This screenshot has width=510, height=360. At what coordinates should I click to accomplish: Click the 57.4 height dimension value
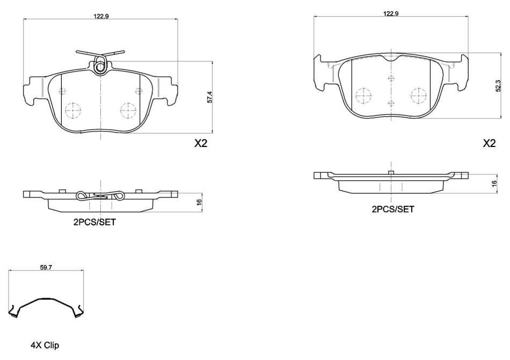pyautogui.click(x=210, y=98)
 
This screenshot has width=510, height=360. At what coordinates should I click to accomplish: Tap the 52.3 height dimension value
pyautogui.click(x=498, y=86)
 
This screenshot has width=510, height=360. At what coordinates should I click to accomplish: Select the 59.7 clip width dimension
pyautogui.click(x=46, y=268)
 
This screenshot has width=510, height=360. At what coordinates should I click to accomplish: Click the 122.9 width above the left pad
pyautogui.click(x=101, y=17)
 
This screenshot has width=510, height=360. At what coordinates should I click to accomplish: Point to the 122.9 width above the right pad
pyautogui.click(x=391, y=13)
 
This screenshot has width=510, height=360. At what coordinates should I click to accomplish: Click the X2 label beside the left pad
pyautogui.click(x=201, y=143)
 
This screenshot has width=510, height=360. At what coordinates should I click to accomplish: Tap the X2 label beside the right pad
pyautogui.click(x=489, y=143)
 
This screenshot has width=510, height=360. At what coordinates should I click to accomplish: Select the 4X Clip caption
pyautogui.click(x=45, y=345)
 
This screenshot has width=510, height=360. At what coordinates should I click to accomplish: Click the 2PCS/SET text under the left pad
pyautogui.click(x=94, y=222)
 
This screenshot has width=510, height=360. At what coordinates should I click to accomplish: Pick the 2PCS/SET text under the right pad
pyautogui.click(x=393, y=209)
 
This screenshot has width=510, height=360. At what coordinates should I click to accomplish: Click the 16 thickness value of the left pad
pyautogui.click(x=200, y=201)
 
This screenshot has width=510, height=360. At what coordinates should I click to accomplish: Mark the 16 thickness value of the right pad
pyautogui.click(x=494, y=183)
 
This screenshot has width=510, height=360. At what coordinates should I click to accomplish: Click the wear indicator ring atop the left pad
pyautogui.click(x=100, y=67)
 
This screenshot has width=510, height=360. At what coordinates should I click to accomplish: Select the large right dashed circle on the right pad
pyautogui.click(x=418, y=96)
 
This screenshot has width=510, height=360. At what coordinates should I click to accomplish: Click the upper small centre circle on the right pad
pyautogui.click(x=391, y=78)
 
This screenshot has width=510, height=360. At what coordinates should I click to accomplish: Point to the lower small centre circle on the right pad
pyautogui.click(x=391, y=104)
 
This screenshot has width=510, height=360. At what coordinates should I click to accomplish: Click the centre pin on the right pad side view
pyautogui.click(x=391, y=173)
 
